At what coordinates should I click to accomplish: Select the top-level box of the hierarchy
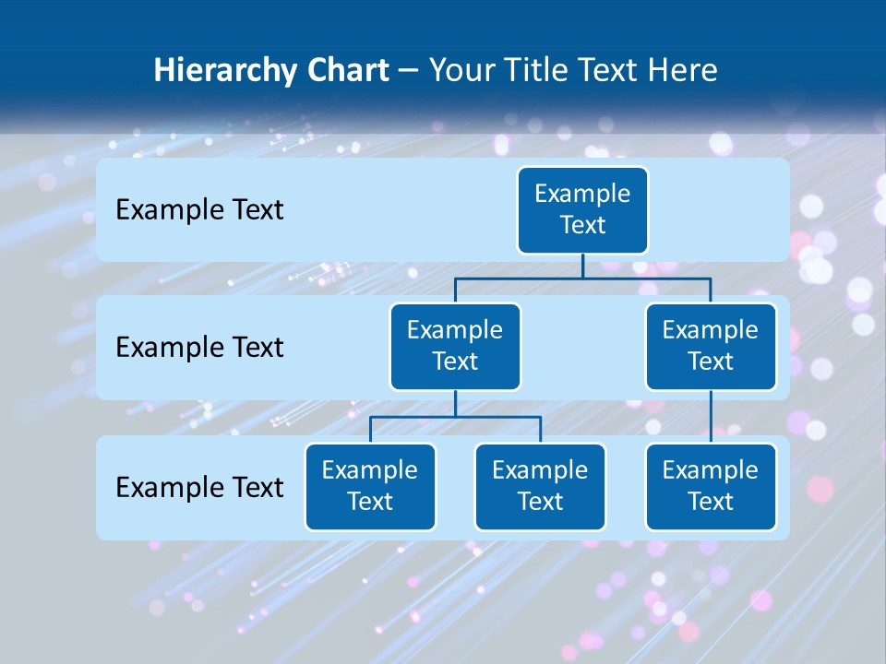[582, 209]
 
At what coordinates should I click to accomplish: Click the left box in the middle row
[455, 346]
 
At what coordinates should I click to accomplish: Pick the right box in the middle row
[711, 346]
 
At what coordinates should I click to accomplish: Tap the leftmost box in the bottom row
[370, 486]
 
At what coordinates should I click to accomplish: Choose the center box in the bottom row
[540, 486]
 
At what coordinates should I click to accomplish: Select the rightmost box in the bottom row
[711, 486]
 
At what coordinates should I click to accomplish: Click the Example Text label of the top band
[199, 210]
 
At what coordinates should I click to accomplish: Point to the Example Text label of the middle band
[199, 348]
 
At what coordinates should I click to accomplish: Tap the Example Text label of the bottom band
[199, 487]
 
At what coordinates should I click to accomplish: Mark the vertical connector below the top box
[582, 266]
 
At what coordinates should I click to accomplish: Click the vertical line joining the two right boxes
[711, 417]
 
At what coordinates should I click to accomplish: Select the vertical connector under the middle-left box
[455, 404]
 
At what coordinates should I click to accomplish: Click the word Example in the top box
[582, 194]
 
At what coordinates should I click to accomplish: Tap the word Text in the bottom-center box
[540, 502]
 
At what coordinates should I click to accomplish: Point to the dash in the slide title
[408, 70]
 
